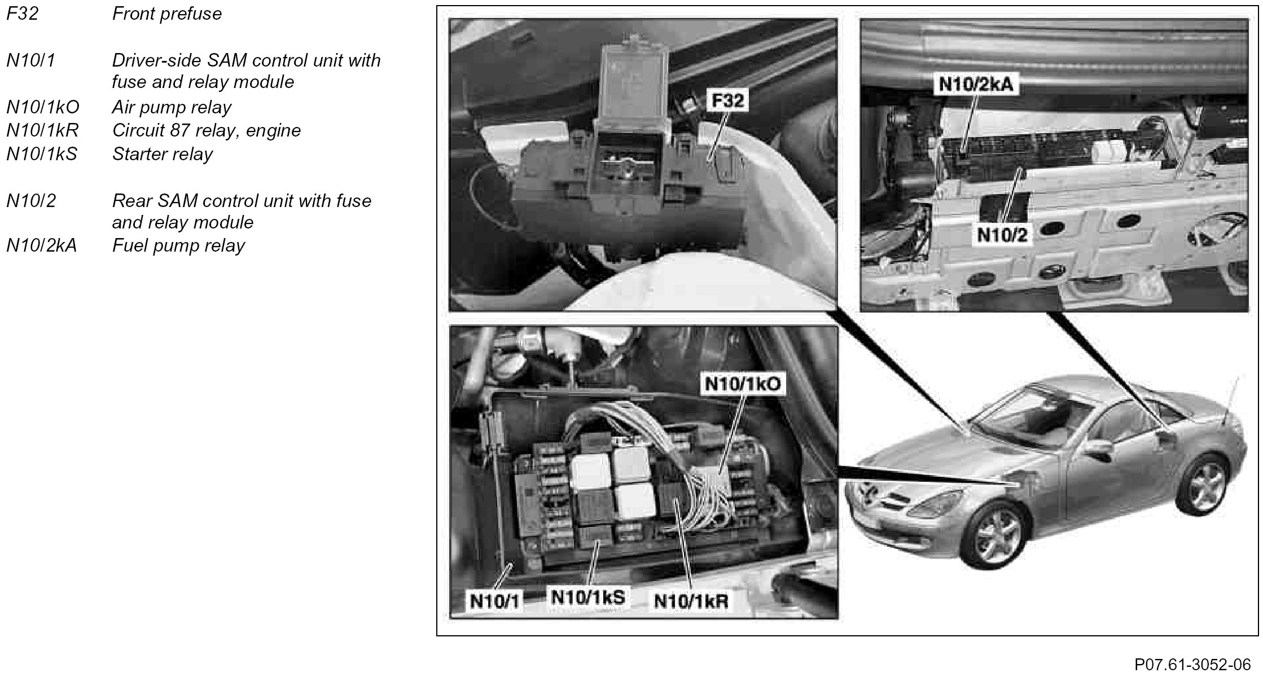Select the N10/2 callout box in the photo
click(x=1002, y=234)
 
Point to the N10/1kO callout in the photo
click(x=743, y=384)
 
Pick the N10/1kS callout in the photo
click(x=587, y=597)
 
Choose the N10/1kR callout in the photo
click(x=691, y=601)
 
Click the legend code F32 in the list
click(x=23, y=14)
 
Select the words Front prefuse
click(x=167, y=14)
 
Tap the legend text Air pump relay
click(x=172, y=107)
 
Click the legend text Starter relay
click(x=163, y=154)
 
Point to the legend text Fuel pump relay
click(x=178, y=246)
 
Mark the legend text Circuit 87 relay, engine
click(x=207, y=130)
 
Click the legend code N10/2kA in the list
click(x=41, y=246)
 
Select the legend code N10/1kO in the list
click(x=43, y=107)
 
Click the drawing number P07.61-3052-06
click(x=1192, y=663)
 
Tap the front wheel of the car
click(x=997, y=533)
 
